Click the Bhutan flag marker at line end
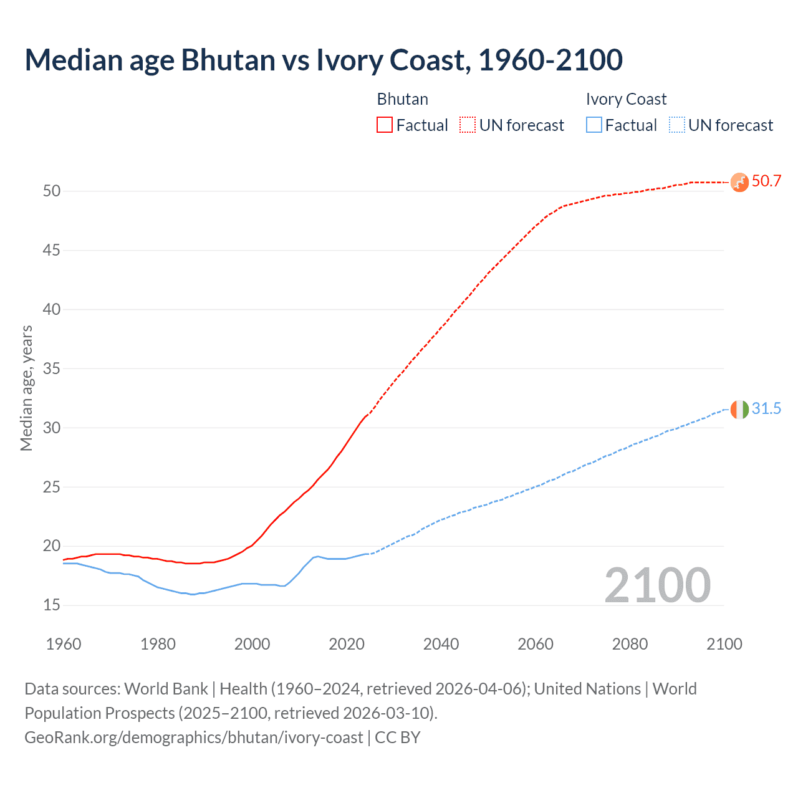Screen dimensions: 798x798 pyautogui.click(x=739, y=182)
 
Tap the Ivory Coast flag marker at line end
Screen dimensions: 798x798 pyautogui.click(x=739, y=410)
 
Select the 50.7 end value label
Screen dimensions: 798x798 pyautogui.click(x=766, y=181)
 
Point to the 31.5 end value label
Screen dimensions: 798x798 pyautogui.click(x=766, y=409)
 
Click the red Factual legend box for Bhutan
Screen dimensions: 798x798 pyautogui.click(x=385, y=125)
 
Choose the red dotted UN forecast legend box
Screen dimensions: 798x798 pyautogui.click(x=468, y=125)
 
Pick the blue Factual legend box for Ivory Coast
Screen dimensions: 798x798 pyautogui.click(x=594, y=125)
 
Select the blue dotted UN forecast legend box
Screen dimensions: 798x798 pyautogui.click(x=676, y=125)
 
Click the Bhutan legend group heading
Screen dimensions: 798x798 pyautogui.click(x=403, y=99)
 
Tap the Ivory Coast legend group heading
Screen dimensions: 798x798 pyautogui.click(x=626, y=99)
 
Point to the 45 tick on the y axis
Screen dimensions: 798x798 pyautogui.click(x=52, y=251)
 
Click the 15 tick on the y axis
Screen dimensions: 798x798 pyautogui.click(x=52, y=605)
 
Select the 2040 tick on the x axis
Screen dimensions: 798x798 pyautogui.click(x=441, y=644)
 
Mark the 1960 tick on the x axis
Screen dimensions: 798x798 pyautogui.click(x=64, y=644)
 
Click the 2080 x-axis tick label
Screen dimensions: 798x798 pyautogui.click(x=630, y=644)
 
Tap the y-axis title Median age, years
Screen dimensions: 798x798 pyautogui.click(x=26, y=388)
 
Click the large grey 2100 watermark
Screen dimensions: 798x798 pyautogui.click(x=657, y=585)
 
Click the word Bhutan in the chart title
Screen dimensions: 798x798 pyautogui.click(x=228, y=60)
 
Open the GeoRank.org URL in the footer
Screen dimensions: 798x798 pyautogui.click(x=193, y=738)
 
